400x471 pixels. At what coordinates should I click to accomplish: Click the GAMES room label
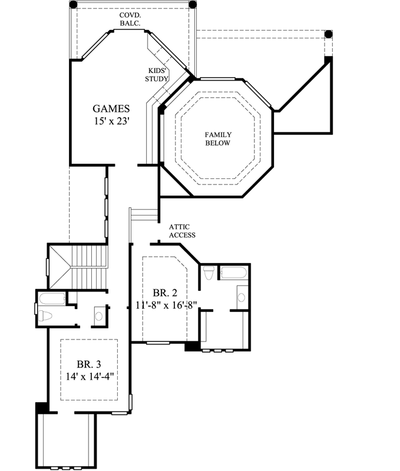point(111,108)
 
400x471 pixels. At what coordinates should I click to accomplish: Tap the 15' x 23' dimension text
point(111,122)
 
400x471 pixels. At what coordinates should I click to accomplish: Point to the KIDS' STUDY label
point(158,74)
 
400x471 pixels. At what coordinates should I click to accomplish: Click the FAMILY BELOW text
point(217,138)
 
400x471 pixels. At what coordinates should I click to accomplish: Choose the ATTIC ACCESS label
point(182,231)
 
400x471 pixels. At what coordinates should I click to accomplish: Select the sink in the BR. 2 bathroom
point(242,296)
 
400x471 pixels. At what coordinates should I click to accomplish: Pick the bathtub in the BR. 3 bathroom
point(53,297)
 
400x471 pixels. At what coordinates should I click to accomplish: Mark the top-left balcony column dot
point(73,5)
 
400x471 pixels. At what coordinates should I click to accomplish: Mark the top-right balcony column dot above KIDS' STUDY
point(192,5)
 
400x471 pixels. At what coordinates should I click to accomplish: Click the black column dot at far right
point(329,34)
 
